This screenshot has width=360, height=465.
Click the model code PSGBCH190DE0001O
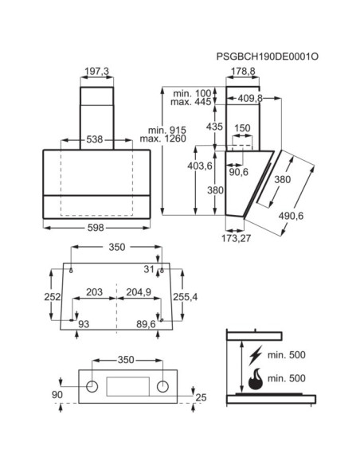click(x=267, y=57)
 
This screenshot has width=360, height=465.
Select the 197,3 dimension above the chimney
click(x=97, y=71)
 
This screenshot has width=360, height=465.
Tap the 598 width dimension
click(x=96, y=228)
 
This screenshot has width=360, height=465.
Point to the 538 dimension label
click(x=94, y=139)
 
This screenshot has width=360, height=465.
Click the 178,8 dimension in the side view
click(x=243, y=71)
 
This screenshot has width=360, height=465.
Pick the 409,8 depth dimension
click(x=250, y=99)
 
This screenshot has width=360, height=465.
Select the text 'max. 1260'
click(x=163, y=139)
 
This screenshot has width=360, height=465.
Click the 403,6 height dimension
click(x=200, y=166)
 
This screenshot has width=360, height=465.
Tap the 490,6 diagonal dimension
click(x=291, y=216)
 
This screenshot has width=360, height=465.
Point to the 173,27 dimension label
click(x=237, y=238)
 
